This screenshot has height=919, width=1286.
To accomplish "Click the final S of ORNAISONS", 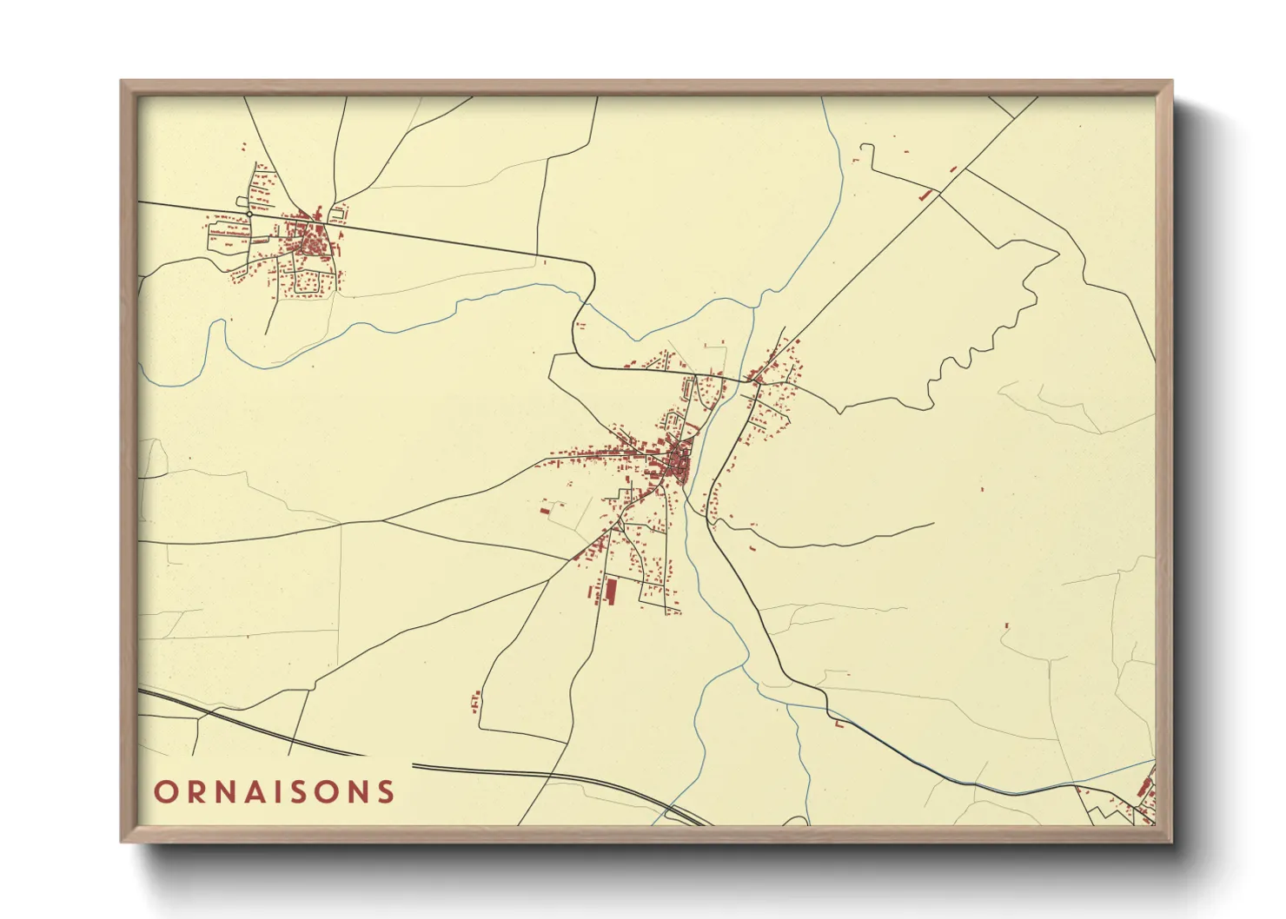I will pos(386,792).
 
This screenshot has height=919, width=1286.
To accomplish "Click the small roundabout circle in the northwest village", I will pos(249,214).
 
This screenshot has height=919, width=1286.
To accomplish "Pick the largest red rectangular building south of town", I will pos(610,591).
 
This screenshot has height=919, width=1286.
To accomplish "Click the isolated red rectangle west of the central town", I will pos(545,511).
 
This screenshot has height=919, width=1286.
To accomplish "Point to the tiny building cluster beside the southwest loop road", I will pos(475,700).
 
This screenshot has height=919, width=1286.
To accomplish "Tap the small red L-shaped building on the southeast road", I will pos(839,723).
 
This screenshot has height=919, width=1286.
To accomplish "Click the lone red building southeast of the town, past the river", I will pos(1007,625).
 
